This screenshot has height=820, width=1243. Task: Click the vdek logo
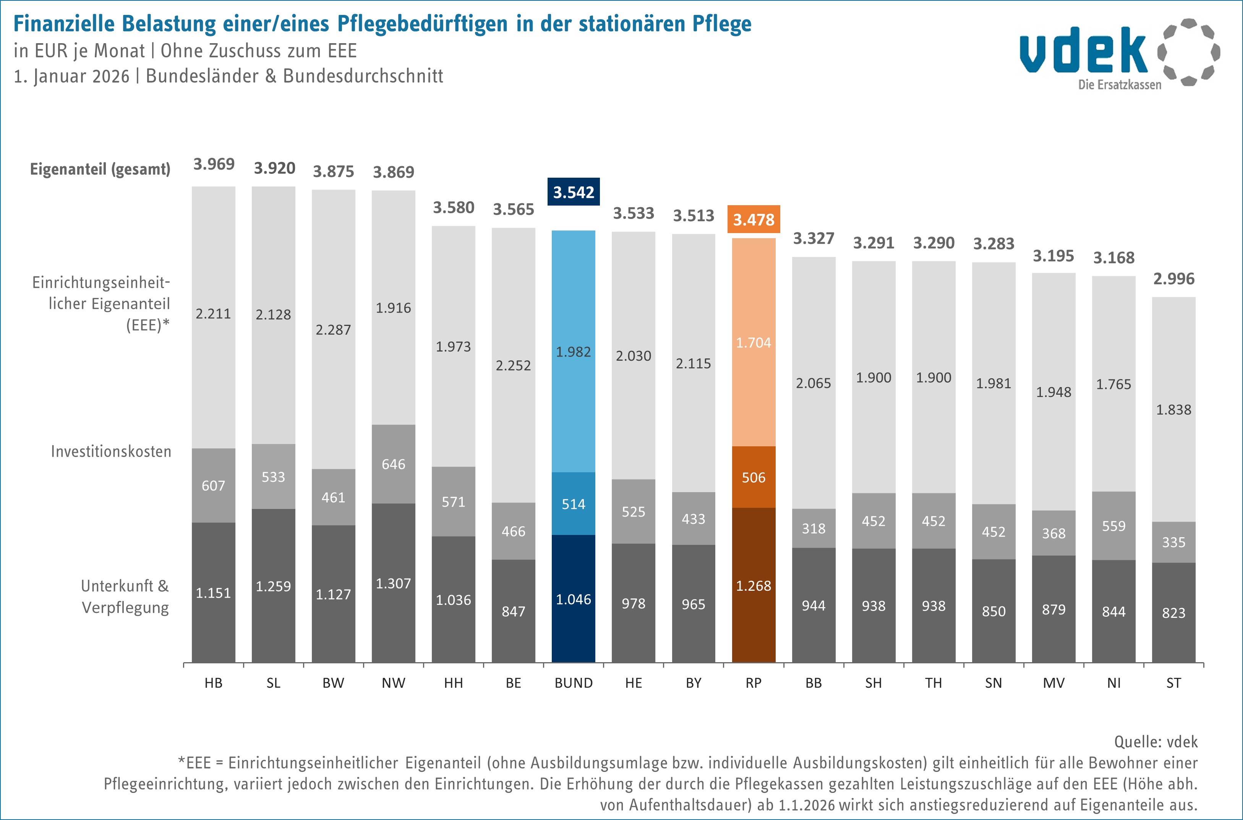[1119, 55]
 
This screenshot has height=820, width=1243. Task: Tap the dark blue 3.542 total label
[573, 192]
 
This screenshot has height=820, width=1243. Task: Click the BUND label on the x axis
[573, 683]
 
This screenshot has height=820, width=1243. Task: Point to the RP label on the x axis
[754, 683]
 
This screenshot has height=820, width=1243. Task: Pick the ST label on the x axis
[1173, 683]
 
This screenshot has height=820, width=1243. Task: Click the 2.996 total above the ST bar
[1173, 279]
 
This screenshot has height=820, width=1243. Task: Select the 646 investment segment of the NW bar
[393, 464]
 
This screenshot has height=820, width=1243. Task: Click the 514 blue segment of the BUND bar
[573, 504]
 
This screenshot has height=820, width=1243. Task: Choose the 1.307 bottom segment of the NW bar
[393, 583]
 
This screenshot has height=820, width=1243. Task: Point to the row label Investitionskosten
[111, 452]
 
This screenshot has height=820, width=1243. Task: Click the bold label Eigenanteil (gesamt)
[100, 169]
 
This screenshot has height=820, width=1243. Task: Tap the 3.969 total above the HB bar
[214, 164]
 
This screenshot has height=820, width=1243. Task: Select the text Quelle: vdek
[1155, 742]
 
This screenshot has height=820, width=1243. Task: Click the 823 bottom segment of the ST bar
[1173, 613]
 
